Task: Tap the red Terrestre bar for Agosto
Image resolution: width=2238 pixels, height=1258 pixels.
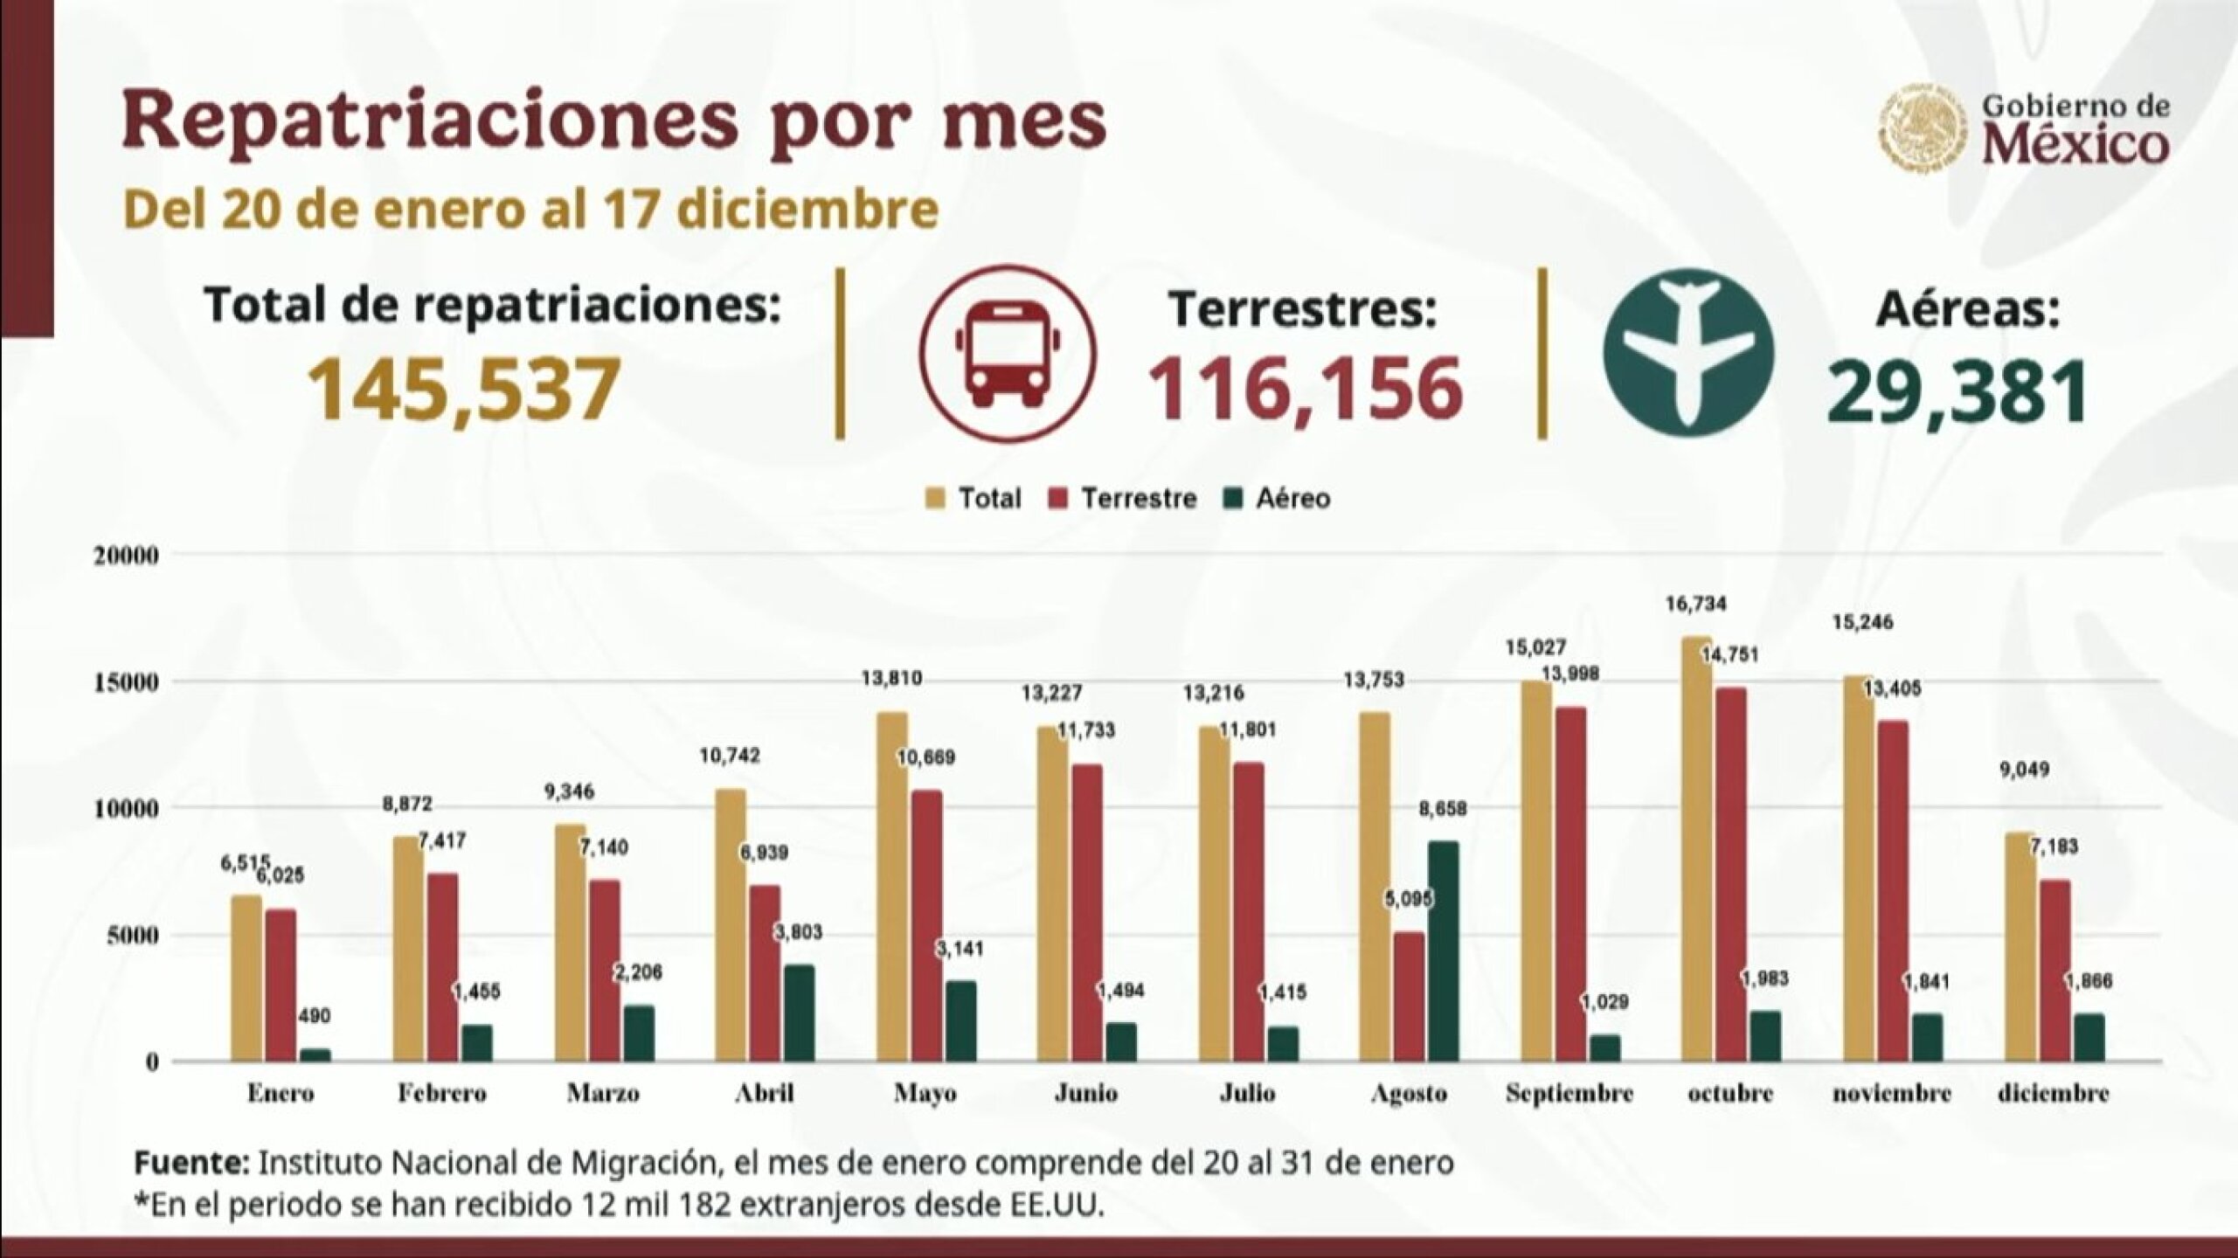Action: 1409,997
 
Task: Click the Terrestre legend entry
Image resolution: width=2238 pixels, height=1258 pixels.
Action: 1123,499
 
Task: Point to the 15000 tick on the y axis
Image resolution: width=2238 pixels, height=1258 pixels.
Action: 126,682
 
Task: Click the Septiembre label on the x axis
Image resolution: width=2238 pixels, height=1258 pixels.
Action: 1569,1093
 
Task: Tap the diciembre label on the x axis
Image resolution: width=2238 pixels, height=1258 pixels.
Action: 2053,1093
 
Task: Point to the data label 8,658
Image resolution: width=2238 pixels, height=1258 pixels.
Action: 1443,809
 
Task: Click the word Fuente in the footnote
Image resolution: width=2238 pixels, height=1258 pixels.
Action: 191,1164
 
